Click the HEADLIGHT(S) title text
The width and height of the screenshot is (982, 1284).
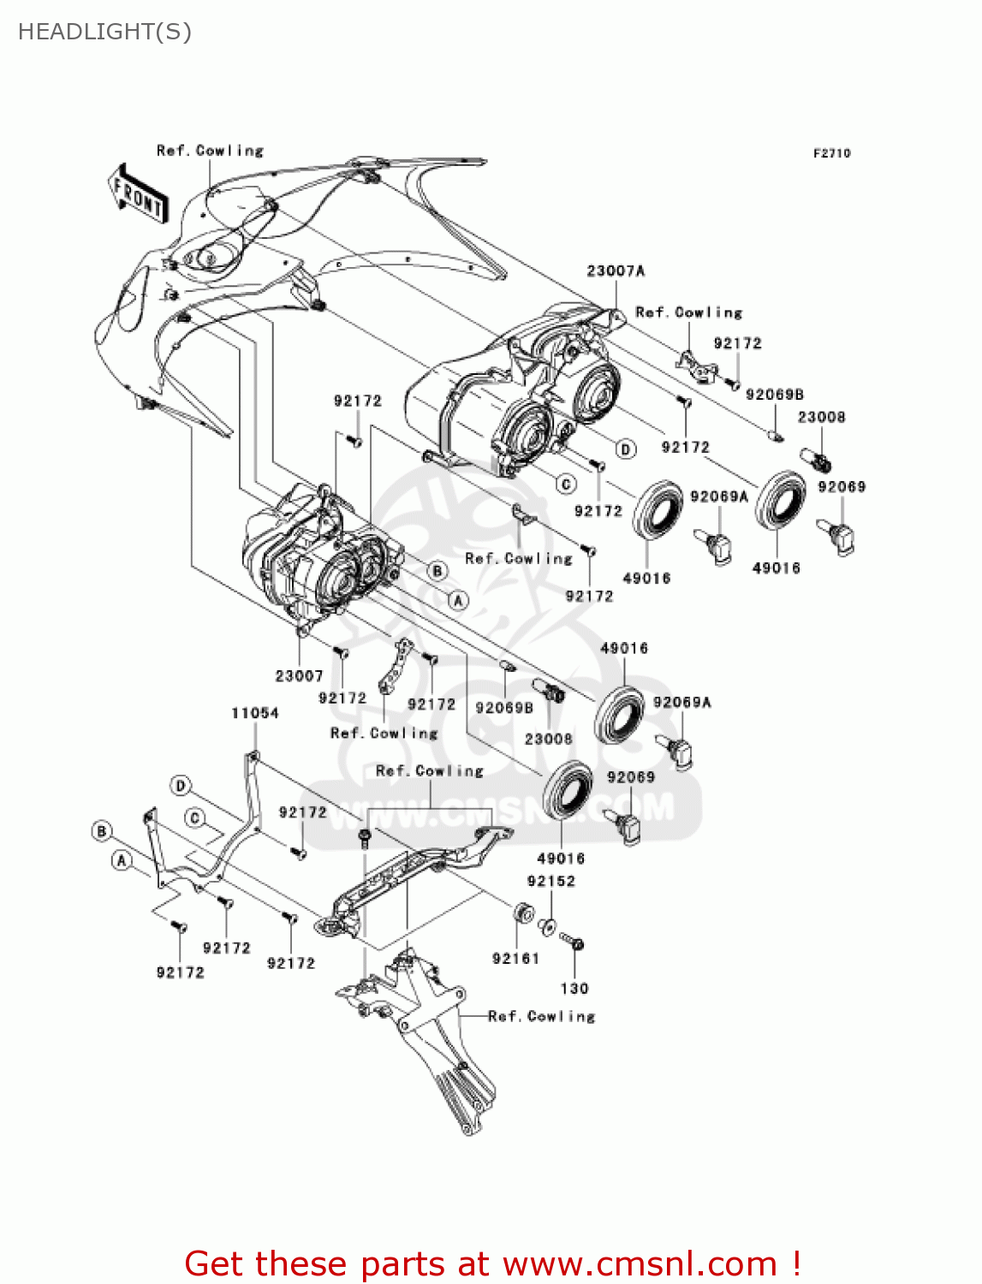(x=104, y=32)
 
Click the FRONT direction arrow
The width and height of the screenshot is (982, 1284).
(x=138, y=194)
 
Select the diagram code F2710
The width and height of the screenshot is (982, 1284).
(x=831, y=153)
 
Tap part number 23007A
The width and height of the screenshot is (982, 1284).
(x=616, y=271)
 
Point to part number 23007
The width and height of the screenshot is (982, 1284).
(x=299, y=676)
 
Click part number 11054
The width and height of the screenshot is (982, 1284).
(x=255, y=713)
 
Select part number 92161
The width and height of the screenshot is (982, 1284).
(x=515, y=959)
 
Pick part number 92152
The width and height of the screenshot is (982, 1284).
(x=551, y=882)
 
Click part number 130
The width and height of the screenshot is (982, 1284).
(x=574, y=989)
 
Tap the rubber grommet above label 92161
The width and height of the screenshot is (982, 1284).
(x=521, y=912)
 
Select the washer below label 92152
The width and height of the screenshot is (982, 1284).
(x=548, y=926)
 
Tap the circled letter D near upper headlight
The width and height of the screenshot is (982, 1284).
(x=626, y=449)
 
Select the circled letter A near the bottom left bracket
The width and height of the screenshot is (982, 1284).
(x=122, y=860)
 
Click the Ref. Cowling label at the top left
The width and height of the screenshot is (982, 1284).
(x=210, y=151)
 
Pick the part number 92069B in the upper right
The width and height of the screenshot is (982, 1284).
(x=774, y=395)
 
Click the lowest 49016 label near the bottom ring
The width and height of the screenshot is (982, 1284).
(x=561, y=859)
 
